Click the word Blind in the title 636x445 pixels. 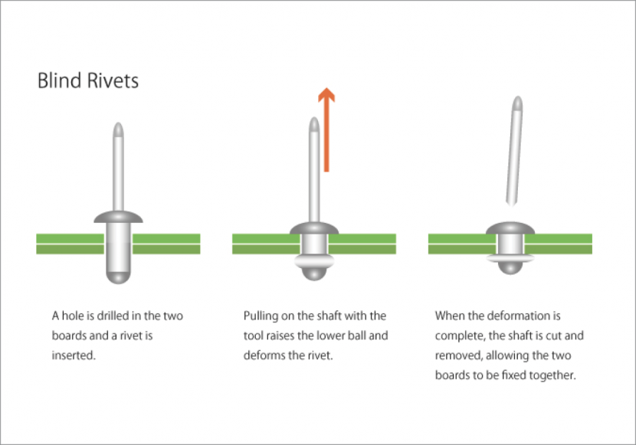click(x=57, y=80)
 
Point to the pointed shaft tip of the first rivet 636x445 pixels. click(x=117, y=128)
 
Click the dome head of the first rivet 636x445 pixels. click(x=118, y=217)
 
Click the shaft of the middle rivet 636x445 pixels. click(x=313, y=176)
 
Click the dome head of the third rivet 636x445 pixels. click(x=509, y=227)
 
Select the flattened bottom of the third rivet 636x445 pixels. click(x=509, y=265)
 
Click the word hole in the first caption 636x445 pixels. click(x=75, y=316)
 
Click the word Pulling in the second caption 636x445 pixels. click(x=261, y=316)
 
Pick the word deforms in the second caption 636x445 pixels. click(x=264, y=355)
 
